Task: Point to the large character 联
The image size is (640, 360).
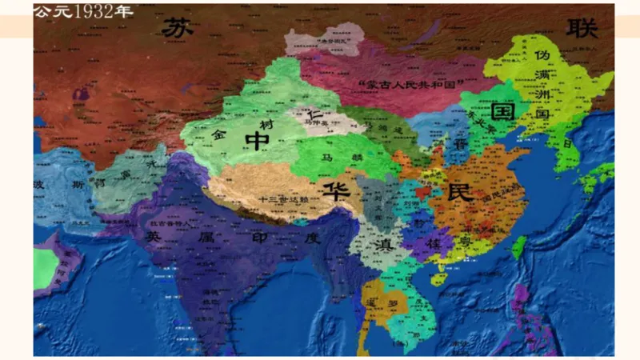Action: [582, 28]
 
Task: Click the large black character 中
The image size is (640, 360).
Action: [258, 141]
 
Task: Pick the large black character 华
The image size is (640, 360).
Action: [331, 190]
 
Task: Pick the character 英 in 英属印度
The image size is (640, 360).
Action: [154, 238]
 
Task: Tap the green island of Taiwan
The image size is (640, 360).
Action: [518, 246]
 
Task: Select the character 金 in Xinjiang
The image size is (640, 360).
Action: [218, 136]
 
